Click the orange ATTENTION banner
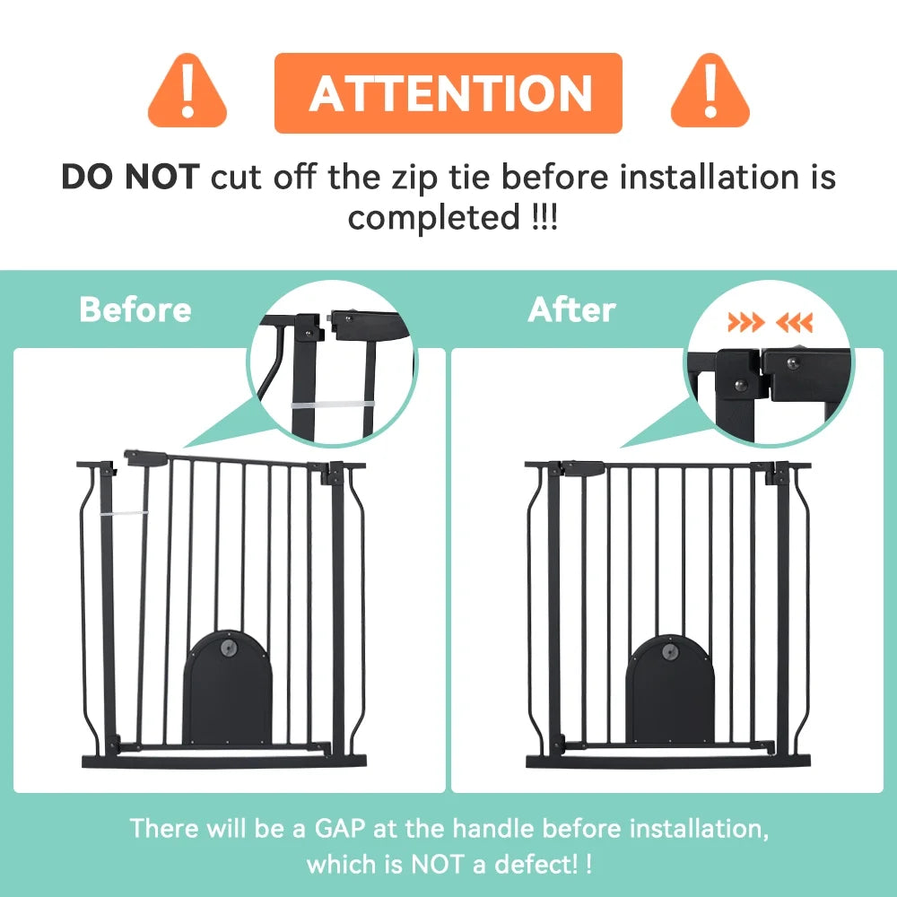448,92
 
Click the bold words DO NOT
129,177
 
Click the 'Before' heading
135,309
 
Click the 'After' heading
572,309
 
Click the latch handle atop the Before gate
144,458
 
